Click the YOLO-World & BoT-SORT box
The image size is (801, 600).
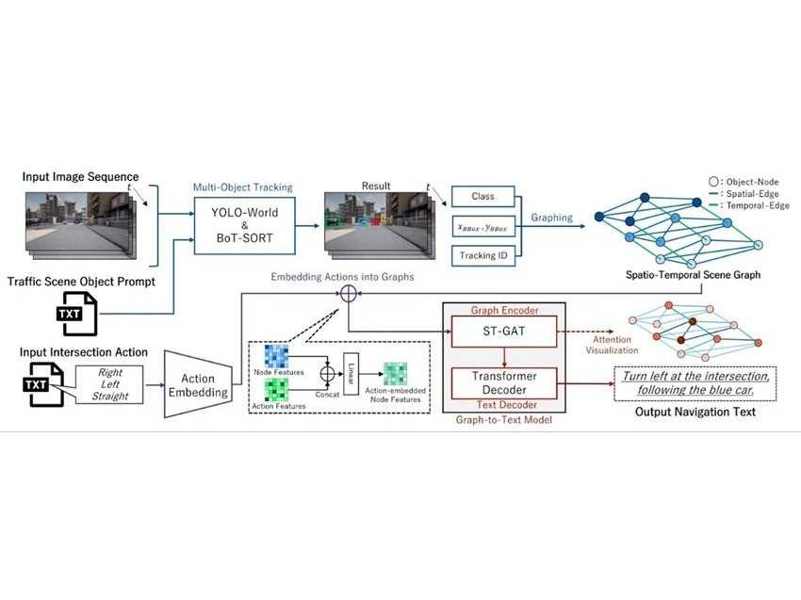244,226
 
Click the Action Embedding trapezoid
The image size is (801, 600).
198,381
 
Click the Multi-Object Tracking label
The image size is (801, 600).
243,187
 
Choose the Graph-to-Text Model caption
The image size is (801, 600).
502,419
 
